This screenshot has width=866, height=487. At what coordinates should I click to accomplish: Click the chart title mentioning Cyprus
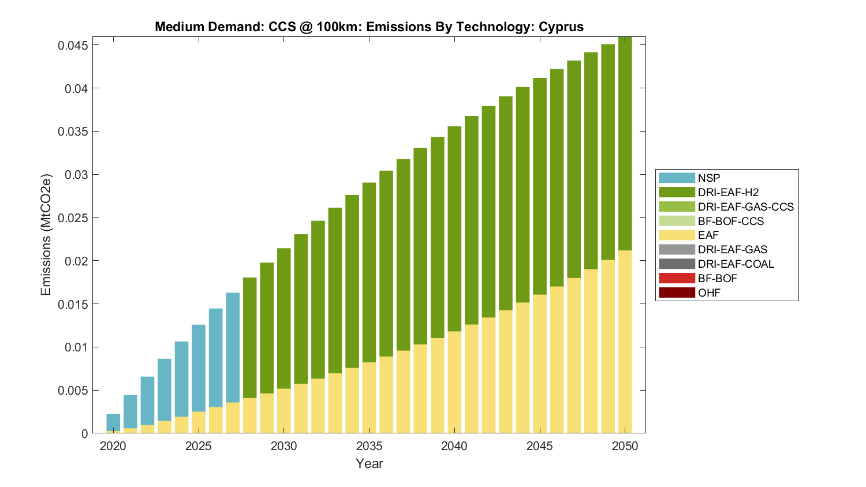[x=369, y=27]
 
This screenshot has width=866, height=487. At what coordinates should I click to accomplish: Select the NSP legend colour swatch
[x=677, y=178]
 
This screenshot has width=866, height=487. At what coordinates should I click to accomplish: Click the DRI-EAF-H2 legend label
[x=728, y=193]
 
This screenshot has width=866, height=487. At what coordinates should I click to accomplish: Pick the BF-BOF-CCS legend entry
[x=730, y=221]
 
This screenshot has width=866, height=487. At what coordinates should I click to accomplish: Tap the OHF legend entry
[x=709, y=293]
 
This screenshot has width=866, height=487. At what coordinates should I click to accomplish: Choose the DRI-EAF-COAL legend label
[x=736, y=264]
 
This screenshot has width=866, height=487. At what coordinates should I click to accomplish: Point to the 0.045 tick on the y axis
[x=73, y=46]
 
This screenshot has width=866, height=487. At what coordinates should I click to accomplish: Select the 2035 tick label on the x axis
[x=369, y=446]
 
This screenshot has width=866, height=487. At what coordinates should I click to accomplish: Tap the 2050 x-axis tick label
[x=625, y=446]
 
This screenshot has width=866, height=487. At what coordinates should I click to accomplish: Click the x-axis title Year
[x=369, y=463]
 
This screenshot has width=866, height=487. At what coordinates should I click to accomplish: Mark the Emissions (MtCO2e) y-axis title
[x=46, y=234]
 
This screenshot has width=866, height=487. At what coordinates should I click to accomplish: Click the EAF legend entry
[x=708, y=235]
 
